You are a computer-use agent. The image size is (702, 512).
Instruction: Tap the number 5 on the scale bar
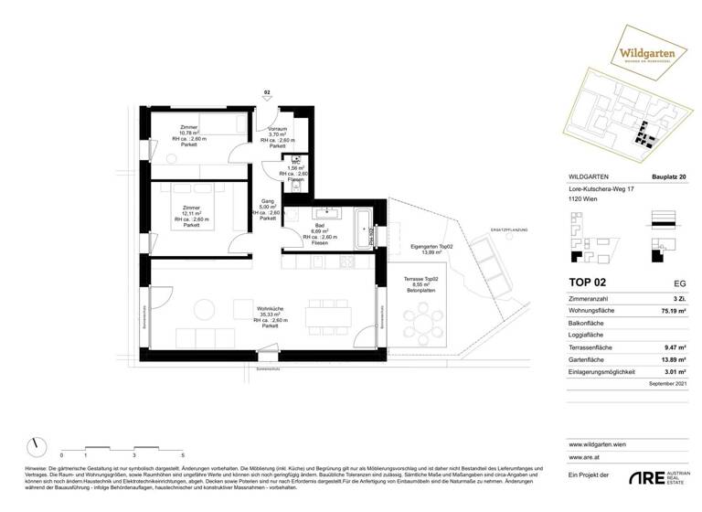click(x=183, y=453)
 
